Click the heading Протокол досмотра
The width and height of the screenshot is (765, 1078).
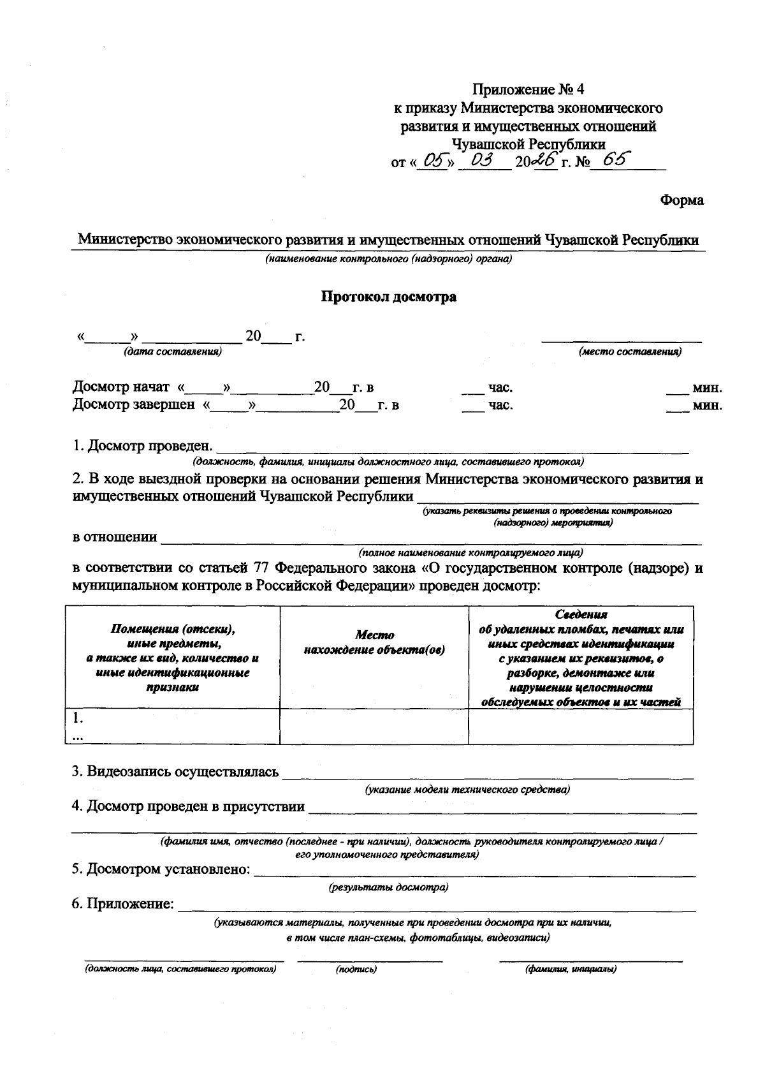(388, 297)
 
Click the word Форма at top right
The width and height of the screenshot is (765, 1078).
(681, 200)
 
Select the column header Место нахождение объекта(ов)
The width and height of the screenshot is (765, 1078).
(374, 642)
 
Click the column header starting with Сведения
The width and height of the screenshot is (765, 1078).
(581, 658)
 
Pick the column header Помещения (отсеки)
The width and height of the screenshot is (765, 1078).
(173, 658)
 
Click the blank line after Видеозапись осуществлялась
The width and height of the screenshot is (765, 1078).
(488, 774)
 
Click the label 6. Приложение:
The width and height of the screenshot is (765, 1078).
(122, 904)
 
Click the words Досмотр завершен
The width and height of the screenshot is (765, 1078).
(133, 405)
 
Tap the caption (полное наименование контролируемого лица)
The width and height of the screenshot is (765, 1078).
(470, 552)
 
